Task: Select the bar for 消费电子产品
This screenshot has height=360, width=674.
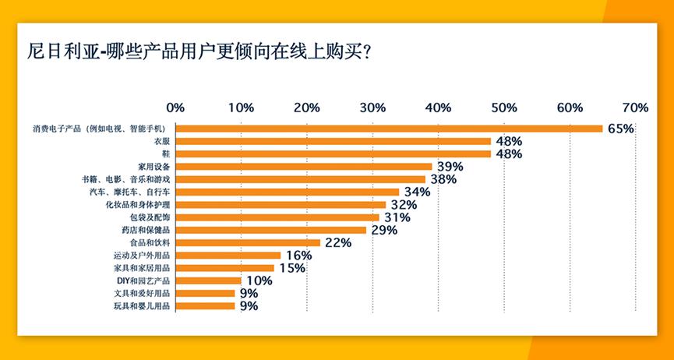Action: click(389, 129)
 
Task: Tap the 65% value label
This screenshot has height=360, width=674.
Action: click(620, 129)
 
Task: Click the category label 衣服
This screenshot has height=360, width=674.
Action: click(163, 142)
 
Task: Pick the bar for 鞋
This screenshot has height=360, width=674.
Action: click(333, 154)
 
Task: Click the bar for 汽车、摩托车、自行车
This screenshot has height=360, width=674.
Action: click(287, 192)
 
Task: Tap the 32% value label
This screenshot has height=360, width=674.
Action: click(404, 204)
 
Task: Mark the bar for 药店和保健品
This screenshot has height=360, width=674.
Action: click(270, 230)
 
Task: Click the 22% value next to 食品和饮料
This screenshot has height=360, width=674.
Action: click(337, 242)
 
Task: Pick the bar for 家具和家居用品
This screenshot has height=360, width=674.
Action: click(224, 268)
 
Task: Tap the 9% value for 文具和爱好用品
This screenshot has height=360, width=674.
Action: click(249, 293)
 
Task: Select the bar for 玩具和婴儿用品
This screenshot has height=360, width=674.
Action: click(205, 306)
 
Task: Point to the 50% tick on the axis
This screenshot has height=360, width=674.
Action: click(504, 107)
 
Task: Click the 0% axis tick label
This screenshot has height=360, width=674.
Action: click(176, 107)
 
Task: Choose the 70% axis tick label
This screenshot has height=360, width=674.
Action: click(635, 107)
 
